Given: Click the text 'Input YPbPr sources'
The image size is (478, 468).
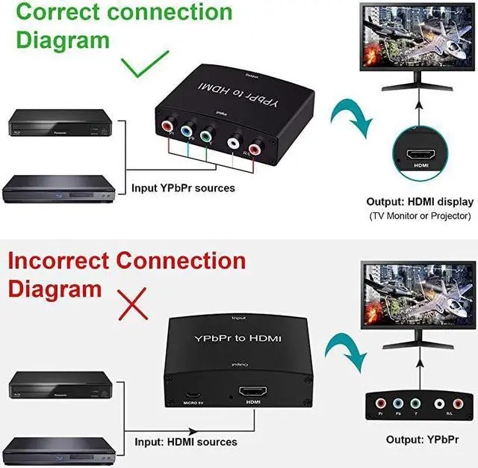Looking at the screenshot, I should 183,188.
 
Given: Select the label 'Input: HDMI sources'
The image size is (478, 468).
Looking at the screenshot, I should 186,443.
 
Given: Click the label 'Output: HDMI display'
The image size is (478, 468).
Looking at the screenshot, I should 420,202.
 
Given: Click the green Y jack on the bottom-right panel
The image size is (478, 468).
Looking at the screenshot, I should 414,404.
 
